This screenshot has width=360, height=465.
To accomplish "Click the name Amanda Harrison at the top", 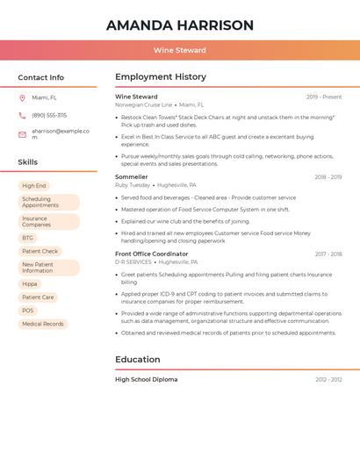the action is click(180, 25).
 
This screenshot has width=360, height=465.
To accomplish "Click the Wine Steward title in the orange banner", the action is click(180, 51).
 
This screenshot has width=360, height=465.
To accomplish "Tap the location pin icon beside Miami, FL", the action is click(22, 97).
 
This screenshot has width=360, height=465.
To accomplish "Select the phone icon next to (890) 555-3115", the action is click(22, 115).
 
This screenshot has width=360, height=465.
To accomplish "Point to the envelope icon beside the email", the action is click(22, 133).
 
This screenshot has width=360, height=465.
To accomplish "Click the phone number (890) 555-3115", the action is click(49, 115).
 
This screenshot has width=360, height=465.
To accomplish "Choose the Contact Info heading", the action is click(40, 77).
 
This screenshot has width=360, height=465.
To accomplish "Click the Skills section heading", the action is click(27, 162).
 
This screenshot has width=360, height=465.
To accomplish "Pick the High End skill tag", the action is click(34, 186).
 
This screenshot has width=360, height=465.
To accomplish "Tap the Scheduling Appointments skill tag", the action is click(48, 202).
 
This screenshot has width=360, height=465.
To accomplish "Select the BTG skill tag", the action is click(28, 238).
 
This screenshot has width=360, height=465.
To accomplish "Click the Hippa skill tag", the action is click(30, 283).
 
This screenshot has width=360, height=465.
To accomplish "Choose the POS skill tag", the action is click(28, 311).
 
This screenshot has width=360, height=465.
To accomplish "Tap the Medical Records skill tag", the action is click(43, 324).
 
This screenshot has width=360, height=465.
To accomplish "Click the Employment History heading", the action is click(161, 77).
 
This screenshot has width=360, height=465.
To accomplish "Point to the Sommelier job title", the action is click(132, 176).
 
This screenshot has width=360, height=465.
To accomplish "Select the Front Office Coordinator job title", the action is click(151, 254).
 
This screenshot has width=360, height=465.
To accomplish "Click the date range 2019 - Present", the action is click(324, 97).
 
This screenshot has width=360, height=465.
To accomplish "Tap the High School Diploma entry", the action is click(146, 379).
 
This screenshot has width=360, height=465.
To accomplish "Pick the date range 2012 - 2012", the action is click(328, 380).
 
